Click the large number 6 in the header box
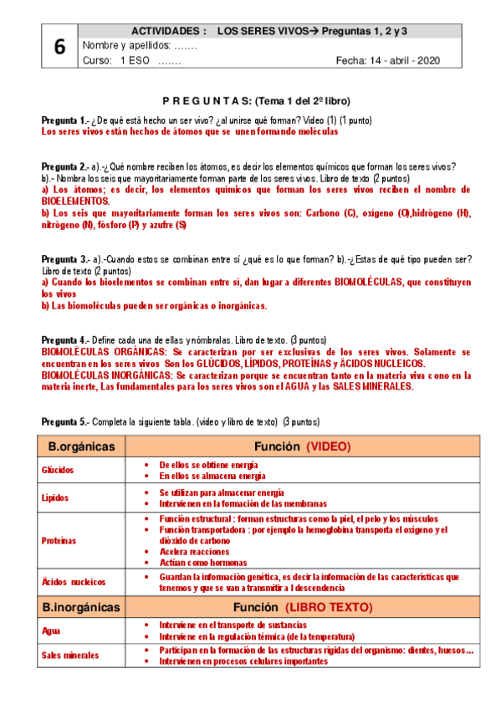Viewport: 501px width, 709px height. point(59,48)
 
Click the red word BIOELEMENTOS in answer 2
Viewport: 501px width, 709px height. point(74,201)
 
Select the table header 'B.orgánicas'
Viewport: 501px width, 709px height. point(80,446)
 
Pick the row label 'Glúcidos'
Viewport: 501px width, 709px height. point(58,471)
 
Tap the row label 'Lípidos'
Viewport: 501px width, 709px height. point(55,498)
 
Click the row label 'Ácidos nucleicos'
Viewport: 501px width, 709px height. point(74,581)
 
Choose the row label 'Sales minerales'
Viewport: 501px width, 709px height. point(70,655)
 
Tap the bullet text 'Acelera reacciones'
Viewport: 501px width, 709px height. point(195,551)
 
